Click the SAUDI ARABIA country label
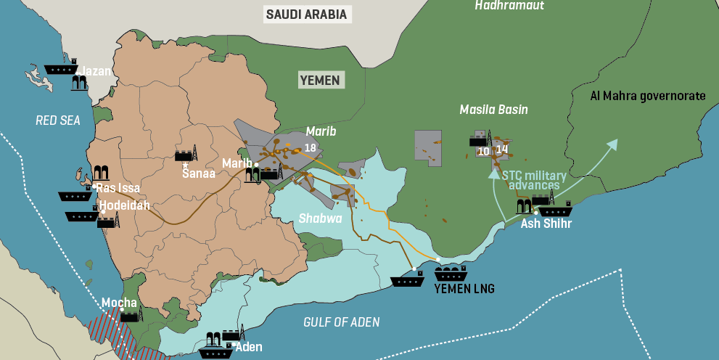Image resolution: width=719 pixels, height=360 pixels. click(x=306, y=14)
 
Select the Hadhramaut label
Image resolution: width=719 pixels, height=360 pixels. click(x=509, y=6)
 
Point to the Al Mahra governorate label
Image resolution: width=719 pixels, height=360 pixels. click(x=647, y=96)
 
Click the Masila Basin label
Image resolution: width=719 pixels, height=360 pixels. click(x=493, y=110)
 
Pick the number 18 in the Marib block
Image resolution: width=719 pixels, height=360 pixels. click(x=311, y=148)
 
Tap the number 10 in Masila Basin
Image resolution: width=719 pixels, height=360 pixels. click(x=484, y=151)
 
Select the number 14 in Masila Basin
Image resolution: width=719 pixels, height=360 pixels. click(x=502, y=150)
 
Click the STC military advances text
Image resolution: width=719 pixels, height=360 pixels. click(x=534, y=180)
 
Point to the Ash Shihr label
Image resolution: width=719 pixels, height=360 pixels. click(x=546, y=224)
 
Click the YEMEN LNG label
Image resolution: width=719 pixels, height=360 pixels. click(x=464, y=289)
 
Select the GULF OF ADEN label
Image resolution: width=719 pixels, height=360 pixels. click(x=342, y=322)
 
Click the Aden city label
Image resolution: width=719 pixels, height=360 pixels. click(x=249, y=347)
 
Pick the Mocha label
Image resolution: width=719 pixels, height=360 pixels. click(x=119, y=303)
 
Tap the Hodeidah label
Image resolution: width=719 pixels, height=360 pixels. click(x=125, y=205)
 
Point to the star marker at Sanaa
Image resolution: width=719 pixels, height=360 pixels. click(x=186, y=166)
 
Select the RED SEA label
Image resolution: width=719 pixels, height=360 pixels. click(x=58, y=120)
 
